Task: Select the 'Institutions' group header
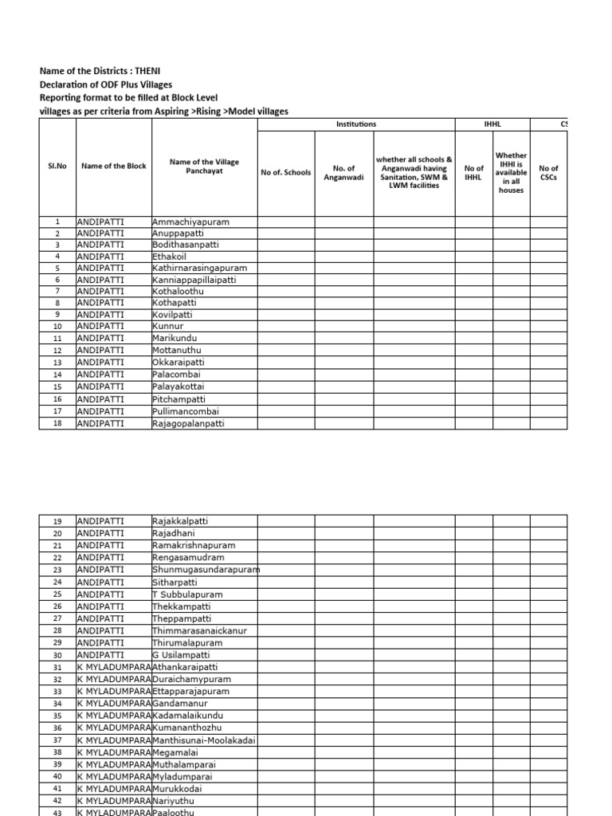click(x=355, y=124)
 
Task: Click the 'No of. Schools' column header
click(x=285, y=172)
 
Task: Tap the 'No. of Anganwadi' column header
click(x=343, y=172)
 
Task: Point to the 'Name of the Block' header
click(x=113, y=166)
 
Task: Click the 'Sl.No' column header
click(x=57, y=166)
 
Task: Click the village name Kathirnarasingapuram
click(x=200, y=269)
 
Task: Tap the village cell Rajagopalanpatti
click(x=188, y=424)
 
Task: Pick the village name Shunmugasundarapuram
click(x=206, y=570)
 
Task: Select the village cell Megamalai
click(x=177, y=752)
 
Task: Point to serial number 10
click(x=57, y=327)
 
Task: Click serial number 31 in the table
click(x=57, y=667)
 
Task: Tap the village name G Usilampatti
click(x=184, y=655)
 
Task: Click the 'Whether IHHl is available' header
click(x=511, y=173)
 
